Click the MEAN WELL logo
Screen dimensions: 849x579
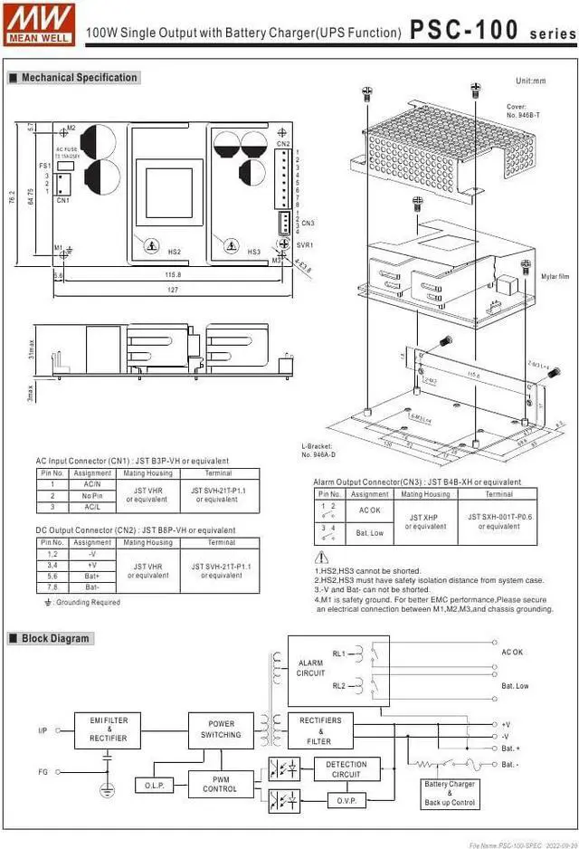pos(39,24)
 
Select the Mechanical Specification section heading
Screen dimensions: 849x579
pos(80,78)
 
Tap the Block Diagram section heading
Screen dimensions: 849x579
pos(56,638)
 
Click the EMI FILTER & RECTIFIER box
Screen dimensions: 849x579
pos(109,729)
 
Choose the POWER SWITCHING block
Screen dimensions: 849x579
pos(221,729)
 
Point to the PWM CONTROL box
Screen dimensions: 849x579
pos(221,783)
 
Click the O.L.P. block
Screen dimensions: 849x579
pos(154,786)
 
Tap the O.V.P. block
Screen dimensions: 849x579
pos(346,800)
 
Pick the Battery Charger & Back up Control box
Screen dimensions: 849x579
pos(450,793)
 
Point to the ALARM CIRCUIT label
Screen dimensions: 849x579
pos(310,668)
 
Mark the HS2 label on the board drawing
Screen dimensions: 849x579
pos(175,252)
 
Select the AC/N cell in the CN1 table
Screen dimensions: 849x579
pos(92,484)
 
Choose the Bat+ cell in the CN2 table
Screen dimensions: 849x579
pos(92,576)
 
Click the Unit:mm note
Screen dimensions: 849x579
pos(530,81)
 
